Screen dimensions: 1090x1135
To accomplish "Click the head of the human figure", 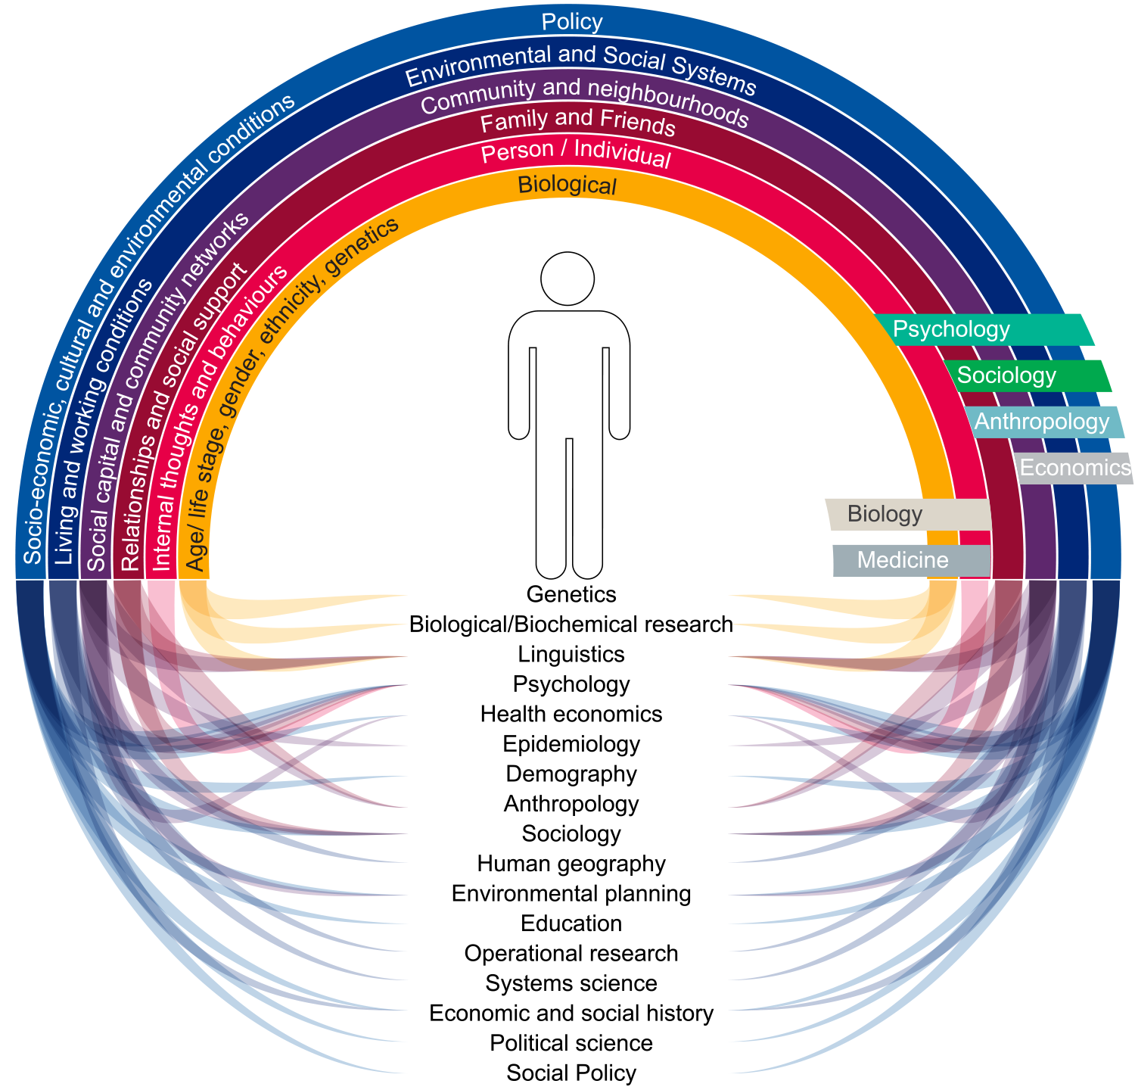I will [x=567, y=279].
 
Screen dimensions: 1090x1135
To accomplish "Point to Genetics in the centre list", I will [x=571, y=594].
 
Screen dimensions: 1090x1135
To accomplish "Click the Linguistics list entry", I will [x=571, y=654].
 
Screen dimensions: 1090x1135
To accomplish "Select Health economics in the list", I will [x=571, y=714].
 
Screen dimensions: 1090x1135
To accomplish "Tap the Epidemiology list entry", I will [x=571, y=744].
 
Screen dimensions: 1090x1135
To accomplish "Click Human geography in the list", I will [x=571, y=864].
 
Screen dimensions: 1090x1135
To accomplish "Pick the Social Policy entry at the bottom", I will [x=571, y=1073].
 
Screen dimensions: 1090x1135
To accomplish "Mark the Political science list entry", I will [x=571, y=1043].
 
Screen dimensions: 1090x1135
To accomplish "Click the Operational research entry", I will [x=571, y=953].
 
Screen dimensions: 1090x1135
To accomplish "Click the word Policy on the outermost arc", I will [x=572, y=22].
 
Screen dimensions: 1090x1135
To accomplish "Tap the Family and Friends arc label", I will [x=577, y=121].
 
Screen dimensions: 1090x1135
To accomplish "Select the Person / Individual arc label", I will [x=576, y=153].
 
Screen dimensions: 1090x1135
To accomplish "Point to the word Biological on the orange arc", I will [x=567, y=185].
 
